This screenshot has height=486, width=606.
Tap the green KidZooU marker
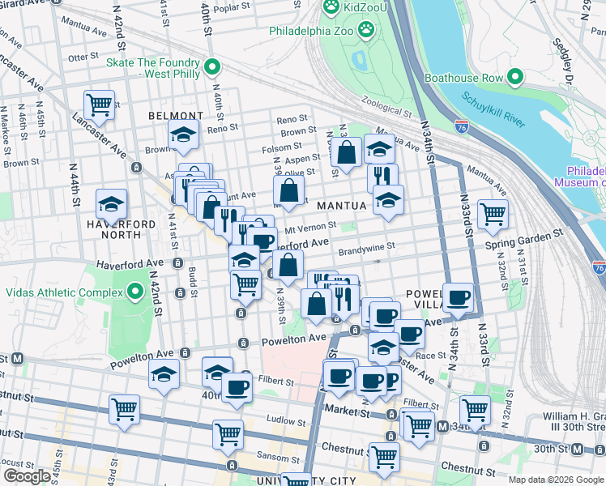point(331,8)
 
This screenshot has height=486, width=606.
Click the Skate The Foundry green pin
point(212,67)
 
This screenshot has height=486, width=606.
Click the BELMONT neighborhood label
point(176,116)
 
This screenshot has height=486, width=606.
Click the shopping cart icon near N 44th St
point(99,104)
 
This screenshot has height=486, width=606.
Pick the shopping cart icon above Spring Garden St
point(492,215)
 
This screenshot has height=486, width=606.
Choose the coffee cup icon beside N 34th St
point(459,297)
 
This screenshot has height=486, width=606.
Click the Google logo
point(27,475)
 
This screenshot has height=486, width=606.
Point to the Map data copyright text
point(555,480)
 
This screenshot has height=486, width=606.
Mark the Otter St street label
point(83,58)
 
